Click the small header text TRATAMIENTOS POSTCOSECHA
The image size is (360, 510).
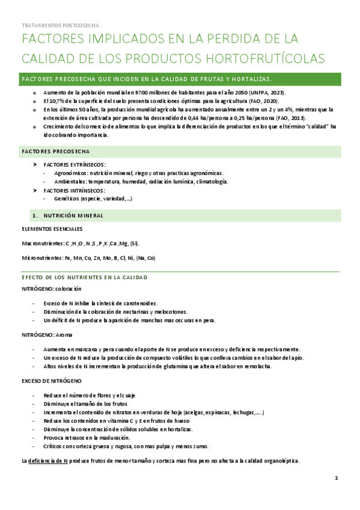tap(60, 26)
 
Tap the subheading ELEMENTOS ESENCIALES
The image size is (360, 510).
tap(52, 229)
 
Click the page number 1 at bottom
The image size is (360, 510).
tap(337, 478)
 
